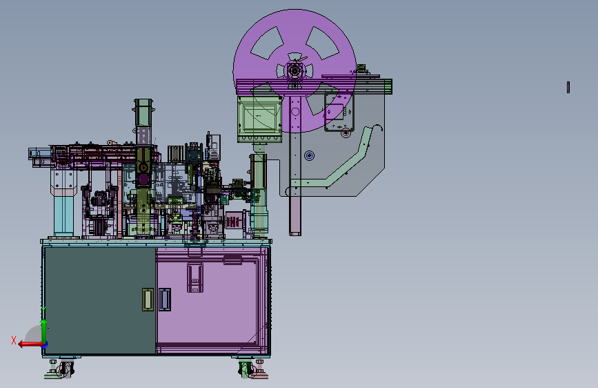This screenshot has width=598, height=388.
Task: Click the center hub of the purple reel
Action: [x=295, y=71]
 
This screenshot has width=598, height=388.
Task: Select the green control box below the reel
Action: [x=260, y=119]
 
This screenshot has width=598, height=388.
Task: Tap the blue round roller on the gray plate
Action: [x=309, y=155]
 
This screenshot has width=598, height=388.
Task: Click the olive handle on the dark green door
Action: [x=148, y=300]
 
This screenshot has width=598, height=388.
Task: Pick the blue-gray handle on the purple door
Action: [x=165, y=300]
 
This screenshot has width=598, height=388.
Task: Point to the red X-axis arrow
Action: [x=31, y=345]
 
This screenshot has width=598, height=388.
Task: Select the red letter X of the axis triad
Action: [x=14, y=340]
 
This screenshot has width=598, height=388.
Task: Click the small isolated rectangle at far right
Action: [x=568, y=88]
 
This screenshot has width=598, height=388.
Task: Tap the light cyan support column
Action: [x=63, y=216]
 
